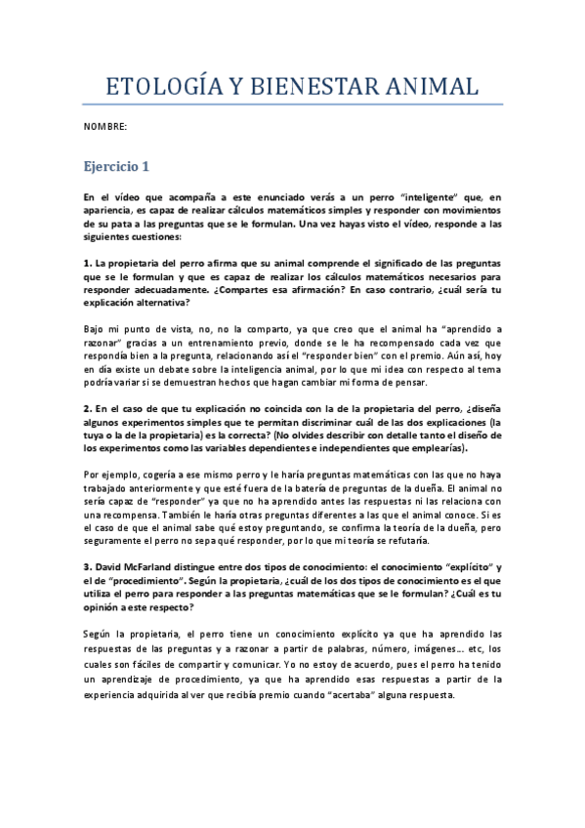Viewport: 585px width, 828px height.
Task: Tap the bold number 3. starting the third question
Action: tap(87, 567)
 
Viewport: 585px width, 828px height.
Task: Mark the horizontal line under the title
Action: tap(293, 103)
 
